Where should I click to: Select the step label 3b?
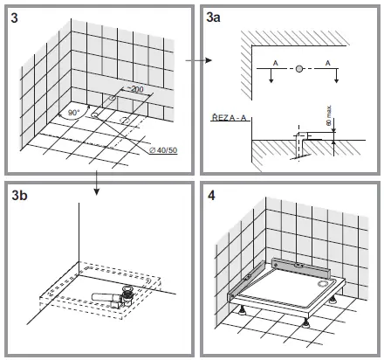(x=18, y=197)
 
